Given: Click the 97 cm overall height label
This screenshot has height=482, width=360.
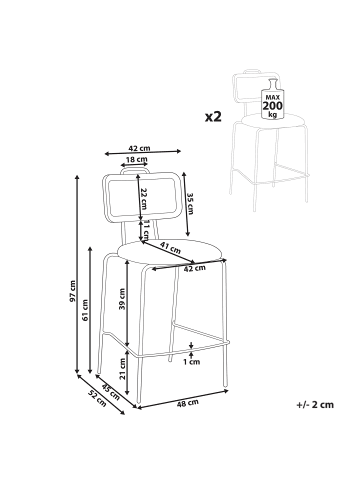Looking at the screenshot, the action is [x=73, y=291].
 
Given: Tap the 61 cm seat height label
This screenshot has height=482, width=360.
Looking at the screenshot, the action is [x=85, y=310].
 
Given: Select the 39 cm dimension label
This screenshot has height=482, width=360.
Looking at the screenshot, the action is [x=122, y=299].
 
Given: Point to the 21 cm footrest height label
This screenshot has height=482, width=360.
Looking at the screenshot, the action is [x=122, y=369].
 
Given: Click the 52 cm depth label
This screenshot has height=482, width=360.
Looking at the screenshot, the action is [x=97, y=398].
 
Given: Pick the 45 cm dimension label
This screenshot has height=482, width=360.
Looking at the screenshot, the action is [x=111, y=392].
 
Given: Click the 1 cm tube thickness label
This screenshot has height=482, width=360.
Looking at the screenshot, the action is [x=192, y=361].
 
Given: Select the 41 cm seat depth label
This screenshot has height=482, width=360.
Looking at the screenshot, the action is [x=170, y=247].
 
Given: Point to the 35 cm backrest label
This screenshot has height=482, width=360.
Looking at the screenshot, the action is [x=190, y=204].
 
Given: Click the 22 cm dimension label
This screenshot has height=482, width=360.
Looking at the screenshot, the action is [x=144, y=198].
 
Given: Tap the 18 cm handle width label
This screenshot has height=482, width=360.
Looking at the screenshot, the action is [x=136, y=159].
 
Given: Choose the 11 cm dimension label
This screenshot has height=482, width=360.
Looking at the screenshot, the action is [x=146, y=230].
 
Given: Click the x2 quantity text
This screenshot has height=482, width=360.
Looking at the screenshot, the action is [x=213, y=116].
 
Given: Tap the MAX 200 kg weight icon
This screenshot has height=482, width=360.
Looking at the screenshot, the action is [x=273, y=99].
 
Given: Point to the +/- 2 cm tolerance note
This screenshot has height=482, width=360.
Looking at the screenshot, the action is [x=315, y=405].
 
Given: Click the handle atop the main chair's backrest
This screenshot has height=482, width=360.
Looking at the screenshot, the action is [x=135, y=169].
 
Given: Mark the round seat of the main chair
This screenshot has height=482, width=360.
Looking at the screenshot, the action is [x=169, y=252].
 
